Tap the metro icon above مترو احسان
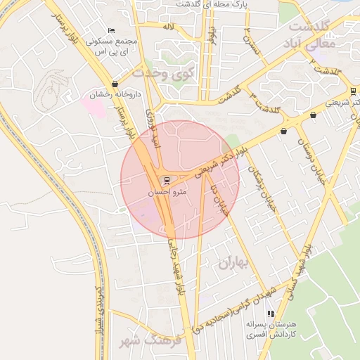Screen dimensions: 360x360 [x=167, y=179]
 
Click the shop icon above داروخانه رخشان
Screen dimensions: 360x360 [x=115, y=84]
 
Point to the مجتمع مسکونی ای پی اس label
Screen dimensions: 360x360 [x=111, y=47]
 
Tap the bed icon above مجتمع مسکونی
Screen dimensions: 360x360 [x=111, y=31]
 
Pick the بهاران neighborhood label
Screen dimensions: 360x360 [x=234, y=264]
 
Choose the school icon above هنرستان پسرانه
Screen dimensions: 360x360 [x=271, y=314]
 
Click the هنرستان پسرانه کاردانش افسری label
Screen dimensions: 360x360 [x=271, y=331]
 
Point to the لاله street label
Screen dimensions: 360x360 [x=167, y=26]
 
